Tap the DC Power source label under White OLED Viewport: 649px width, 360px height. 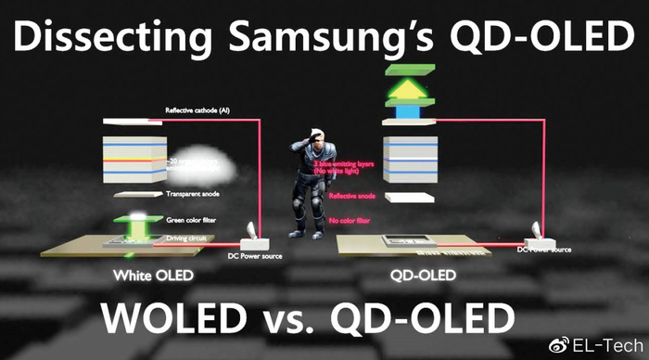257,256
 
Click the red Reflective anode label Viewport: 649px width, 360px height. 351,197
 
